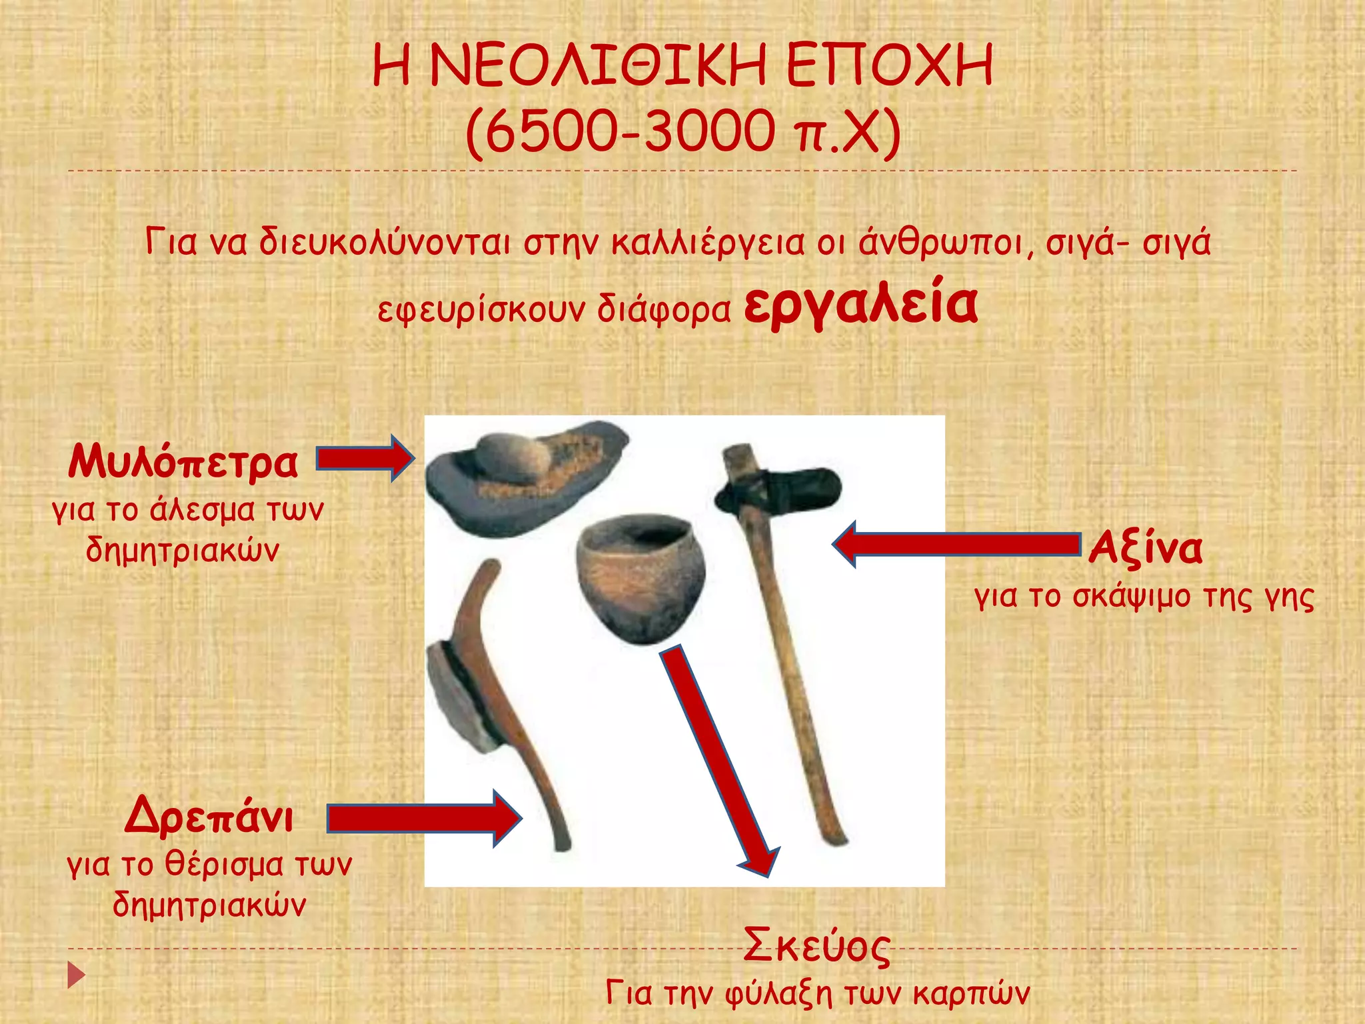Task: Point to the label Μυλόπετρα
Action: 183,461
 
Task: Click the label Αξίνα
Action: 1146,548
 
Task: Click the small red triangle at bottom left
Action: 76,975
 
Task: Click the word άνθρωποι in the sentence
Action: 940,243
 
